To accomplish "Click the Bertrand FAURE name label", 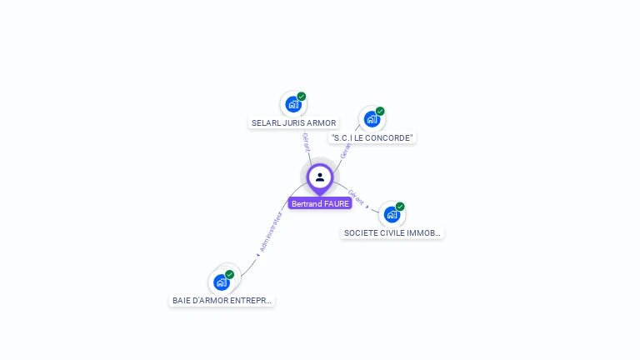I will [320, 203].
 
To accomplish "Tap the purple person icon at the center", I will [320, 177].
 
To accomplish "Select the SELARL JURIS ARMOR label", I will [293, 122].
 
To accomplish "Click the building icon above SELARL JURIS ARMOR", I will [292, 104].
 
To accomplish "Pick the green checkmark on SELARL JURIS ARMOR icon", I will [302, 97].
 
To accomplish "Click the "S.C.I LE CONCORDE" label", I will [372, 137].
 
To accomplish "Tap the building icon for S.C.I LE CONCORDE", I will [372, 119].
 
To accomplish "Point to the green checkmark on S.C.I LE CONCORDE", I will [380, 111].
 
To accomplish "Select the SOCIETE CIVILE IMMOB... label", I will [392, 233].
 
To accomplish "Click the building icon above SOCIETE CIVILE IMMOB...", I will [392, 214].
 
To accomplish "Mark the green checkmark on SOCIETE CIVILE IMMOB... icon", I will [400, 207].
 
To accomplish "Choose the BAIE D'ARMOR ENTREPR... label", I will [222, 300].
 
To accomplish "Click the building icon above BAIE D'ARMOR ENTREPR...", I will [221, 282].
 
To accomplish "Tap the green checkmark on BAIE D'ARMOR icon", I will [230, 274].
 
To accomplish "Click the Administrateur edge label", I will [272, 232].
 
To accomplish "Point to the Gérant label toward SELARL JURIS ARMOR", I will [307, 142].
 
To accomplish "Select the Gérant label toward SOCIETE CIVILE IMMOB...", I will [356, 197].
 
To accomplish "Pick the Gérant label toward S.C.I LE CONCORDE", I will [345, 151].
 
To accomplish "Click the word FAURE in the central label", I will [337, 203].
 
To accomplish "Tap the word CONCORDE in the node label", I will [391, 137].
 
